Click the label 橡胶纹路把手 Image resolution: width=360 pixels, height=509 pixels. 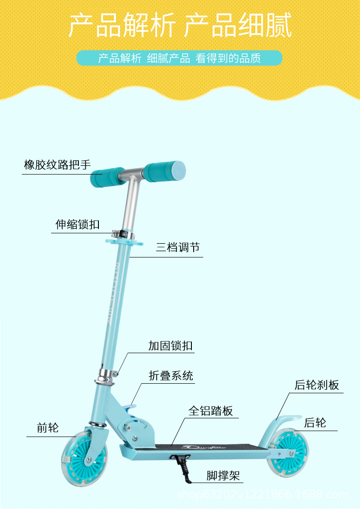click(x=57, y=165)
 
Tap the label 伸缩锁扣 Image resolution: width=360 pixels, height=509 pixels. click(x=77, y=224)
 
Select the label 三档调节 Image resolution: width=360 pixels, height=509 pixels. click(x=178, y=247)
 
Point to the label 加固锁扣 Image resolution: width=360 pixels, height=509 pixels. click(x=170, y=346)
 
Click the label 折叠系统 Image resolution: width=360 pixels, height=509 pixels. click(x=171, y=375)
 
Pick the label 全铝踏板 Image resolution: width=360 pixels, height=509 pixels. click(x=211, y=411)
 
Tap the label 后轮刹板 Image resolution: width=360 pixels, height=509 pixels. click(x=317, y=385)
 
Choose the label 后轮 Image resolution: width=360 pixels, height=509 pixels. click(x=315, y=422)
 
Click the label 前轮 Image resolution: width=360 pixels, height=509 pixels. click(x=48, y=428)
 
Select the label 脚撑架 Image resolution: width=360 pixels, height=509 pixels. click(x=223, y=476)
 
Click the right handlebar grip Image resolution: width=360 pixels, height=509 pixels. click(x=164, y=171)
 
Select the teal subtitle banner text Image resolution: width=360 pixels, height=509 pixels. click(x=180, y=58)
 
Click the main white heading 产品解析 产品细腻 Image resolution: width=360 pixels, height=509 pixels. click(x=180, y=26)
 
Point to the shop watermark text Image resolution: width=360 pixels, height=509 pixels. click(x=262, y=495)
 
